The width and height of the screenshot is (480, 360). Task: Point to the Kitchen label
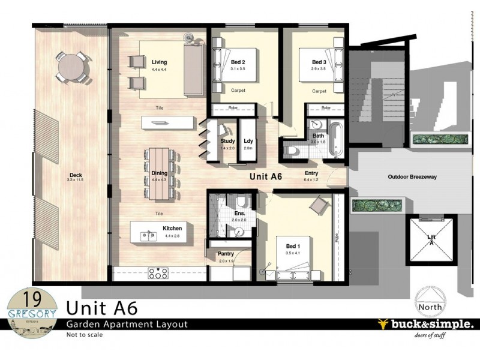point(172,228)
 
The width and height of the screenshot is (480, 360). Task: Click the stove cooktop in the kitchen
point(158,273)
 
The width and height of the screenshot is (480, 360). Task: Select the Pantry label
point(226,254)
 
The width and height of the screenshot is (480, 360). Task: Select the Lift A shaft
point(431,239)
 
